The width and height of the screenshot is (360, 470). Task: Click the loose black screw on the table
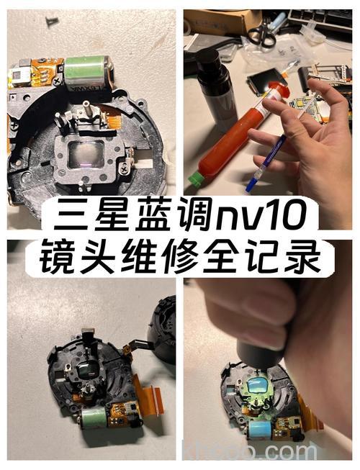[x=53, y=22]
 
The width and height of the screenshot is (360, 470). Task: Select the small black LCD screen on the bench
[x=262, y=82]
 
